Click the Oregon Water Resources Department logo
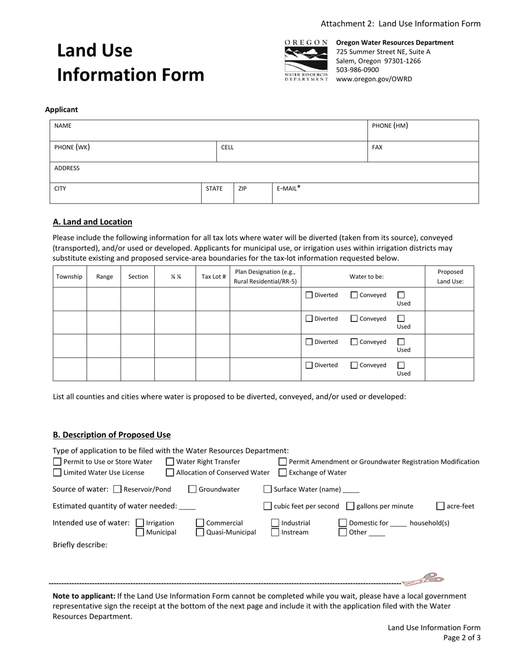click(x=306, y=60)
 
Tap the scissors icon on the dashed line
click(x=424, y=579)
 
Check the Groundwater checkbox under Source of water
click(x=193, y=489)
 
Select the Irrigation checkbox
click(x=140, y=523)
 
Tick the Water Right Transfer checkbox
click(x=170, y=462)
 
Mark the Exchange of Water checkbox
click(x=282, y=472)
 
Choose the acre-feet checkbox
click(x=441, y=506)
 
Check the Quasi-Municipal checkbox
click(x=200, y=532)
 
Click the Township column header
click(x=69, y=277)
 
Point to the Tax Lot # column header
click(x=213, y=277)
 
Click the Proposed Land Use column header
click(x=450, y=277)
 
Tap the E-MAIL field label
click(x=288, y=189)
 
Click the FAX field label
click(x=377, y=147)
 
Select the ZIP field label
click(x=243, y=189)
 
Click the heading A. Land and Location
click(x=93, y=222)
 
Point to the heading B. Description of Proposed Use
click(x=111, y=435)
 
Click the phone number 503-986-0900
click(x=357, y=70)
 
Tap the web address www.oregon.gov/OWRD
click(x=374, y=79)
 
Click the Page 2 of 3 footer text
click(x=462, y=638)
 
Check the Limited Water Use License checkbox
click(x=57, y=472)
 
